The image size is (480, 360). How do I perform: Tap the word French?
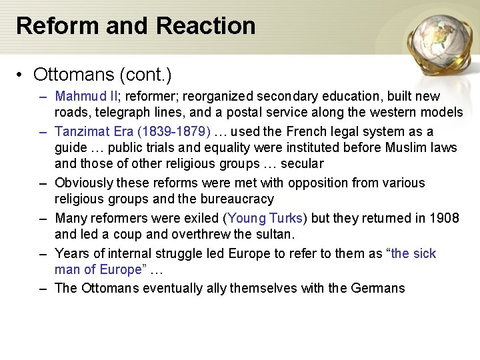pos(315,131)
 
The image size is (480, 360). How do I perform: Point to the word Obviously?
pos(84,183)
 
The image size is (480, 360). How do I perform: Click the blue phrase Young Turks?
pos(265,218)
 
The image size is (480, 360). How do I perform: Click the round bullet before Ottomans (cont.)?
pos(22,73)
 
